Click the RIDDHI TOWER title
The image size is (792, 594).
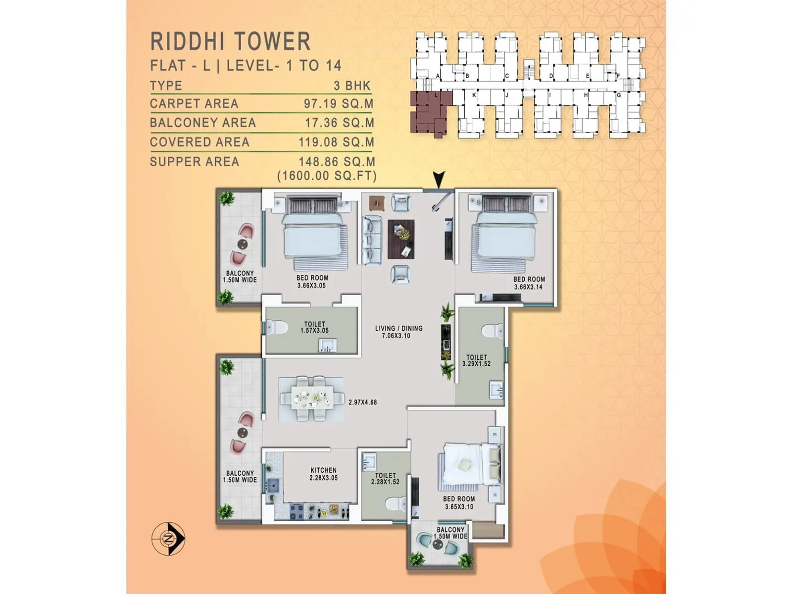point(230,41)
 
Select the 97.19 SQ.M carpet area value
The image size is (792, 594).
point(339,104)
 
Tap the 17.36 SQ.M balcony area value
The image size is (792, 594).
point(340,123)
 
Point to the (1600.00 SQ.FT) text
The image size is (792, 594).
point(327,176)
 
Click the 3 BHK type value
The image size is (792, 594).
point(352,86)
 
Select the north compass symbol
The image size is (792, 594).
point(169,538)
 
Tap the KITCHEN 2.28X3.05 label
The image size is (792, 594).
point(323,474)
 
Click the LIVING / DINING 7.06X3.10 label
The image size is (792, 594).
point(398,332)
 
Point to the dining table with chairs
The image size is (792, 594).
point(311,398)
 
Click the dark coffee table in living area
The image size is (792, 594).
point(401,239)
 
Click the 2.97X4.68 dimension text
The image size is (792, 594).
point(362,402)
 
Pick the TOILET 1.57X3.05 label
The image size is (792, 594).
point(314,327)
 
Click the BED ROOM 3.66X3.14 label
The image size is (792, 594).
point(529,283)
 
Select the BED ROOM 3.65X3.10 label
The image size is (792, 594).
point(458,502)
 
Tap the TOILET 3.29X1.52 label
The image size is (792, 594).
point(476,360)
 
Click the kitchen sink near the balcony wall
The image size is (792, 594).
point(272,485)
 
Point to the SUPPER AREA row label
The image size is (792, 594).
point(195,162)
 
